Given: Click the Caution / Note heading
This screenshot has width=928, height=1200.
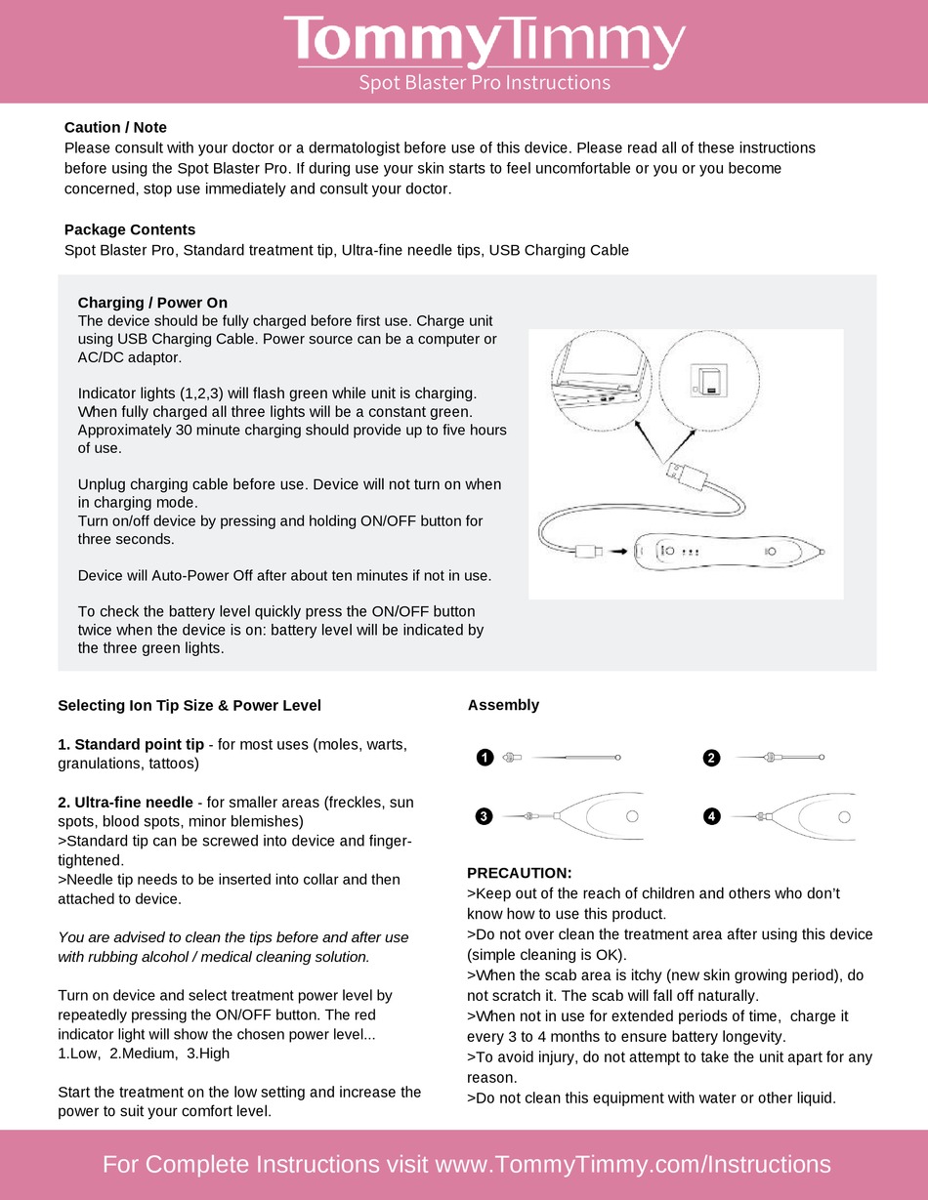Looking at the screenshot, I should tap(115, 127).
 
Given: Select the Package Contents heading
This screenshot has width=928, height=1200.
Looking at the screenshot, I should tap(130, 229).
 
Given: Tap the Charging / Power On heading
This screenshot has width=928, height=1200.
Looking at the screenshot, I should tap(152, 303).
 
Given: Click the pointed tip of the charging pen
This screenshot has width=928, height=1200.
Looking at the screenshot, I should tap(821, 552).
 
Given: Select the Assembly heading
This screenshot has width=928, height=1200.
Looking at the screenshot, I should tap(503, 705).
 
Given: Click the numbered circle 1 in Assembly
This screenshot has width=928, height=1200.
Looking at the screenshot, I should tap(483, 758).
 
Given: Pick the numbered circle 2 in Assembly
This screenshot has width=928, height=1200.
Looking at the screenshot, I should tap(711, 758).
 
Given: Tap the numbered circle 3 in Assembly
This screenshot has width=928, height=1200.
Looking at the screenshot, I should tap(483, 816).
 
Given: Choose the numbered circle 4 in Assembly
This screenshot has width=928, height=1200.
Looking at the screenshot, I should tap(711, 816).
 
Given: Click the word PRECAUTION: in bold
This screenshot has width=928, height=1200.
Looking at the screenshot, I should tap(520, 872).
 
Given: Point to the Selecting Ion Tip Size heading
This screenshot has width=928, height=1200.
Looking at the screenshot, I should tap(190, 705).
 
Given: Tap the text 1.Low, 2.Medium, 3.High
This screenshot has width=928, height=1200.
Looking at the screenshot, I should tap(144, 1054).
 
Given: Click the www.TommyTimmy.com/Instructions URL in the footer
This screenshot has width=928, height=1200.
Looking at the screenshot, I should tap(632, 1164).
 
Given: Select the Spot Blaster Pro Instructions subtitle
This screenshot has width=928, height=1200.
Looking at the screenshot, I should tap(485, 82).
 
